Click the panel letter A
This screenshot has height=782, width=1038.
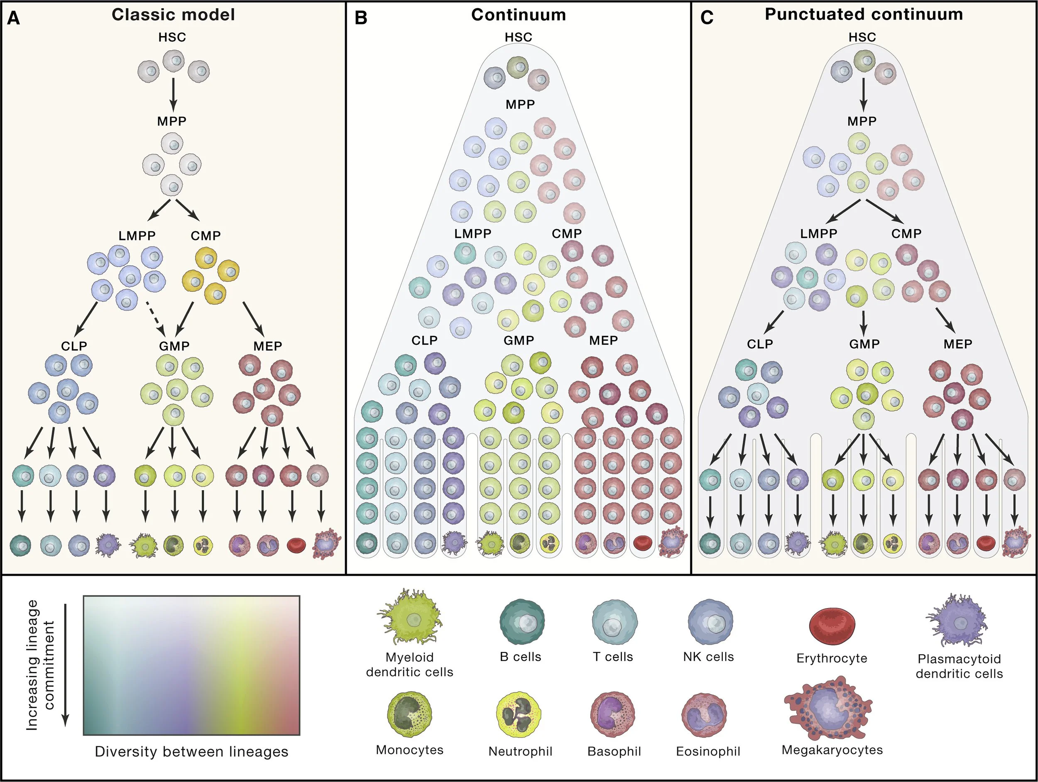coord(14,18)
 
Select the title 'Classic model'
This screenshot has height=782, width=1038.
coord(173,15)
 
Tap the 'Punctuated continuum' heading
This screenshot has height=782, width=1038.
coord(864,14)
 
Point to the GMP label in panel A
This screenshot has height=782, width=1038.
coord(174,346)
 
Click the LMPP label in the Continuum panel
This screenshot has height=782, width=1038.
coord(472,234)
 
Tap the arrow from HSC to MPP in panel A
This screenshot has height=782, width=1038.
coord(173,94)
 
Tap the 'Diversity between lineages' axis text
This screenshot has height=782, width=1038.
coord(191,752)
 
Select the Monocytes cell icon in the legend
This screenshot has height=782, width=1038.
coord(409,714)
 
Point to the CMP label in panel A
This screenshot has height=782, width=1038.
coord(206,235)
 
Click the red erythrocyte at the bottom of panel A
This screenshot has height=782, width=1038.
coord(296,545)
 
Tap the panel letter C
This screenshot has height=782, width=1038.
coord(706,18)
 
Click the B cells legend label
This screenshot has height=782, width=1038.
coord(520,657)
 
